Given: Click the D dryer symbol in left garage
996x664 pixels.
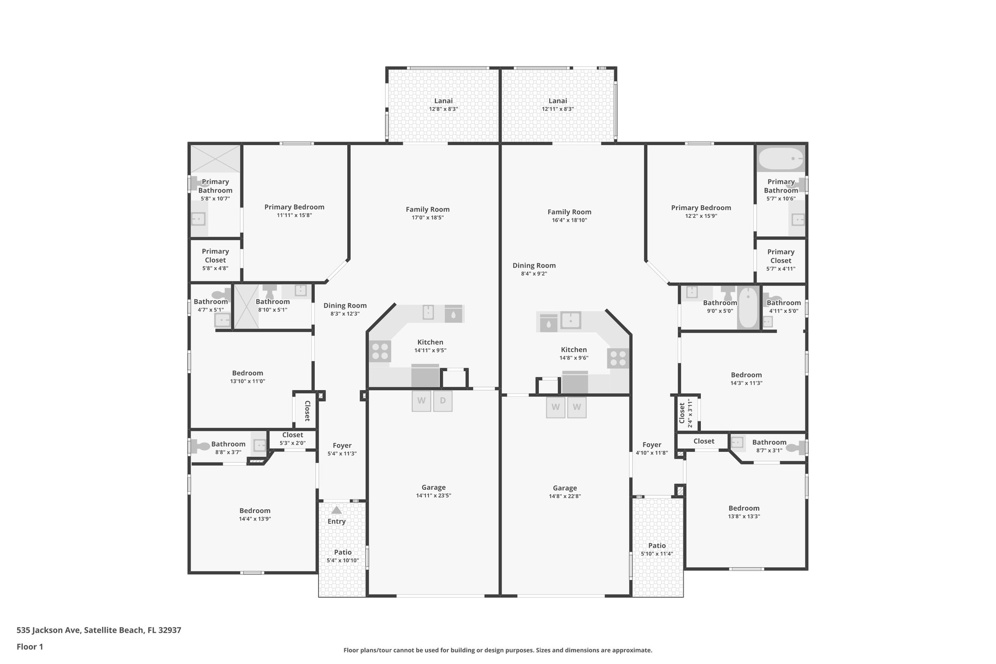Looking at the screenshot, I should pyautogui.click(x=443, y=401).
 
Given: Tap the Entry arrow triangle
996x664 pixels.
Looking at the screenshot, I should pyautogui.click(x=336, y=510).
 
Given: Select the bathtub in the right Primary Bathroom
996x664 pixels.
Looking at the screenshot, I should pyautogui.click(x=781, y=159).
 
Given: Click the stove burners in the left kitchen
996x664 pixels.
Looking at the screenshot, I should pyautogui.click(x=380, y=351).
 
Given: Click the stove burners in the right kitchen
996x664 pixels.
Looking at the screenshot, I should pyautogui.click(x=618, y=359).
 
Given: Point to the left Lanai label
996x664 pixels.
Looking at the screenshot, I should pyautogui.click(x=443, y=101).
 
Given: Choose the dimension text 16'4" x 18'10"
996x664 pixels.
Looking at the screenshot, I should pyautogui.click(x=569, y=220).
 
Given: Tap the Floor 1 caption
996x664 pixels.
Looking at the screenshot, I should pyautogui.click(x=30, y=646).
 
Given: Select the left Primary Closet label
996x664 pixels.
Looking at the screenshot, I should pyautogui.click(x=215, y=255).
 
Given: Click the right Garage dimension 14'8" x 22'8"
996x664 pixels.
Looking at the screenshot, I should pyautogui.click(x=565, y=496).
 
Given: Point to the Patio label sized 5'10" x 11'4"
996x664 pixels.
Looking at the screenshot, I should pyautogui.click(x=657, y=545).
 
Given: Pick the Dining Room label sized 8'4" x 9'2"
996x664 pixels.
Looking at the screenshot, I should pyautogui.click(x=534, y=265).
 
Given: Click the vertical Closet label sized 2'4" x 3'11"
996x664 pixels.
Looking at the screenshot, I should pyautogui.click(x=682, y=413).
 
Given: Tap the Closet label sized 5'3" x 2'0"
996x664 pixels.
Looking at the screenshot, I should pyautogui.click(x=292, y=435).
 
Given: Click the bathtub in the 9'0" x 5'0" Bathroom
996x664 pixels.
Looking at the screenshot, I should pyautogui.click(x=748, y=308).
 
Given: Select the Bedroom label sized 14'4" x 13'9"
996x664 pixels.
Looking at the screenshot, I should pyautogui.click(x=254, y=510).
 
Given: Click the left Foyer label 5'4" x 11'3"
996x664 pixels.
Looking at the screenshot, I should pyautogui.click(x=342, y=445).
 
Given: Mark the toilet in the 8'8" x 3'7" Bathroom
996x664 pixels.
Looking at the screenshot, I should pyautogui.click(x=200, y=446).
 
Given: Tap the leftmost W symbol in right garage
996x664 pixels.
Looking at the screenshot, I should pyautogui.click(x=555, y=407).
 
